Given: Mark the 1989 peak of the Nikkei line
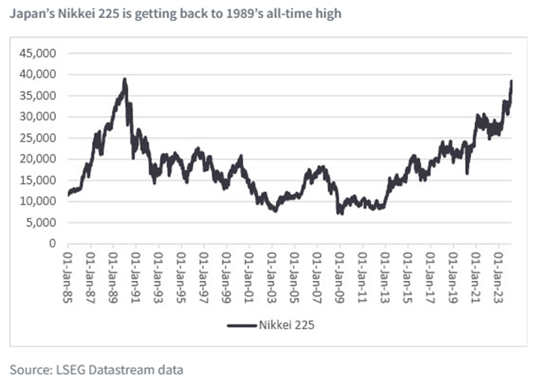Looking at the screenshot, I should click(124, 79).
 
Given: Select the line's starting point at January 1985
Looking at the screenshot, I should click(69, 195).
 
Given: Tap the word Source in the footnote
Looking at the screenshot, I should click(27, 368).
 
